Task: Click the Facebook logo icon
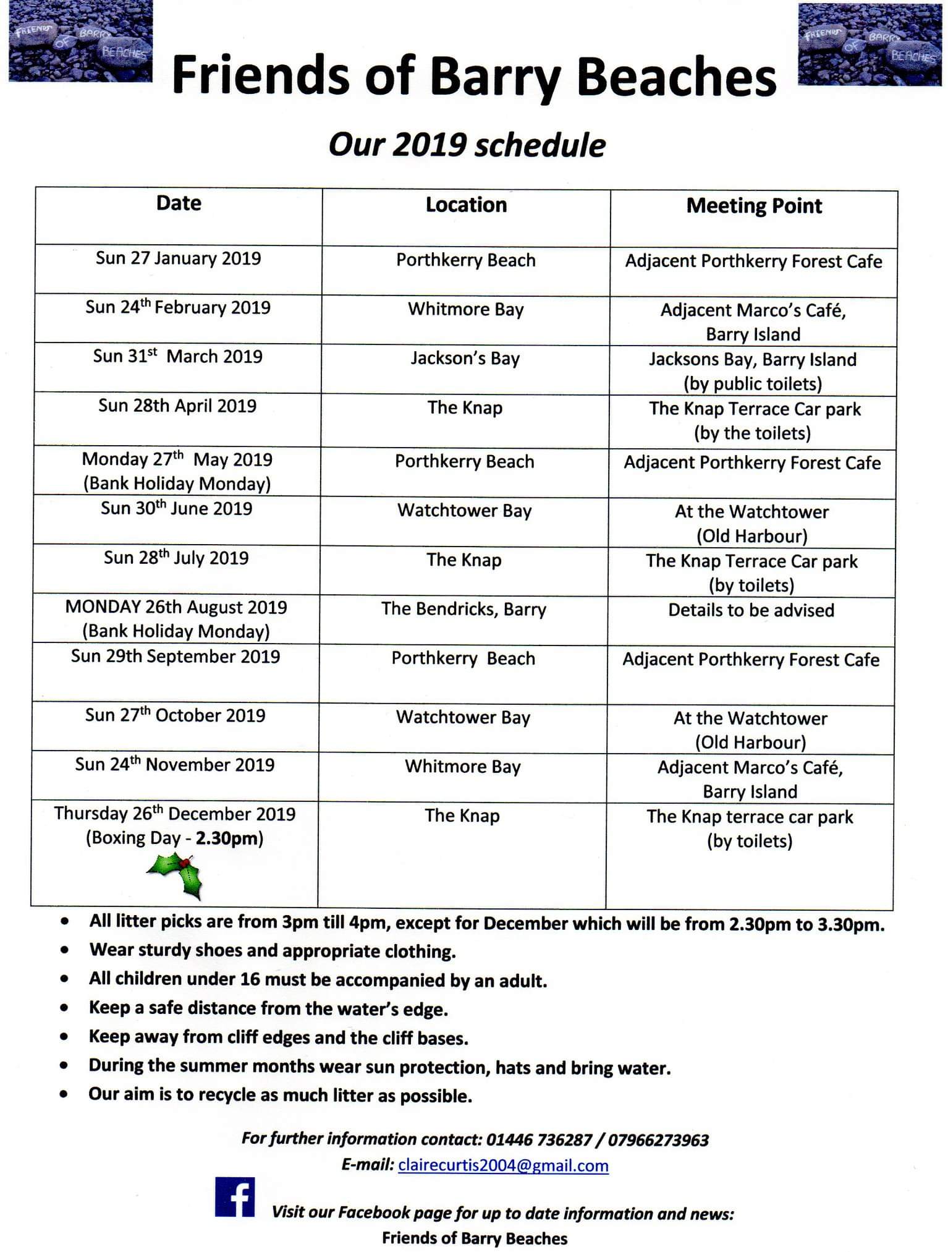[235, 1196]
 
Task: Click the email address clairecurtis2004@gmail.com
[503, 1165]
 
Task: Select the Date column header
[179, 203]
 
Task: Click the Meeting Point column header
[754, 206]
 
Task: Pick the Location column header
[466, 205]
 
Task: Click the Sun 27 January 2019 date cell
[178, 258]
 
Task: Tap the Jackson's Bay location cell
[465, 359]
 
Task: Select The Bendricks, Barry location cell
[463, 609]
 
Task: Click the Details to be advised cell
[751, 610]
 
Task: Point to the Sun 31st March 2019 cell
[177, 357]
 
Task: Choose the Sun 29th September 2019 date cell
[176, 657]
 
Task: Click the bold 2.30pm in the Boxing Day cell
[229, 838]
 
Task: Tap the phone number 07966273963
[658, 1139]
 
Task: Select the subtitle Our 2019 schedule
[467, 145]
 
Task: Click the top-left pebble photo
[80, 41]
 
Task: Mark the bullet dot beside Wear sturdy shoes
[64, 950]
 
